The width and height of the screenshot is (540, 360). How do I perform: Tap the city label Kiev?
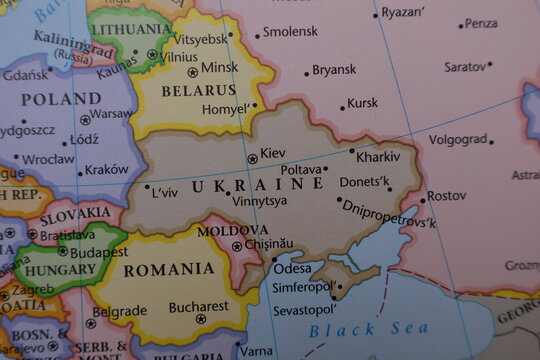(x=272, y=153)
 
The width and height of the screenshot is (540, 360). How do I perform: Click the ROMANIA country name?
(x=169, y=269)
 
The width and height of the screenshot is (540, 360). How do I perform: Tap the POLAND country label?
(x=61, y=99)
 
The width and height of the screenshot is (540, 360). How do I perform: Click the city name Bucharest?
(x=199, y=307)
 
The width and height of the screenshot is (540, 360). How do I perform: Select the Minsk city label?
(x=220, y=68)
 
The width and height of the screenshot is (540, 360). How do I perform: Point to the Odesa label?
(x=292, y=269)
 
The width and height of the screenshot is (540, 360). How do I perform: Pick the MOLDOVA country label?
(x=232, y=230)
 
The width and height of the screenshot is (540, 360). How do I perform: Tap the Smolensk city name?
(x=290, y=32)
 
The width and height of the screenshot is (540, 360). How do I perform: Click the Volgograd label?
(x=458, y=139)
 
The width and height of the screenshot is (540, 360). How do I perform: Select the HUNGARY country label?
(x=60, y=270)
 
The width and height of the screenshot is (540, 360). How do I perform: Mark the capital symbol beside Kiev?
(x=252, y=158)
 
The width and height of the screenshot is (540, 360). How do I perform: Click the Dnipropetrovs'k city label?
(x=389, y=213)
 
